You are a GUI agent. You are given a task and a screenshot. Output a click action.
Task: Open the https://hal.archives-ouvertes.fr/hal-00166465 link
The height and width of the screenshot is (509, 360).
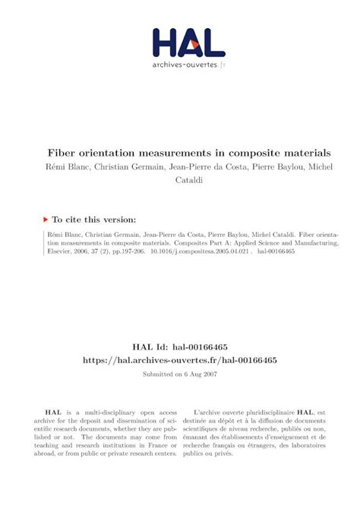point(180,361)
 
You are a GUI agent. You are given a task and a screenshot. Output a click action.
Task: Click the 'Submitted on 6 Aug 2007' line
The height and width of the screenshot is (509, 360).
point(180,375)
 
